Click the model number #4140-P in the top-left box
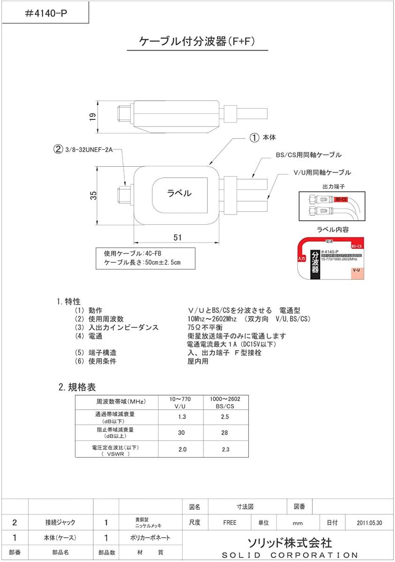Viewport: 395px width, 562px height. pyautogui.click(x=45, y=13)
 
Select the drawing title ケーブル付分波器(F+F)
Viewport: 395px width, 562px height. pyautogui.click(x=197, y=42)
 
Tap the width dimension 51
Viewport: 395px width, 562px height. pyautogui.click(x=177, y=237)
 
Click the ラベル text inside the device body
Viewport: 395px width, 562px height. pyautogui.click(x=179, y=192)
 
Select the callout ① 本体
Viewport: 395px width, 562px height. pyautogui.click(x=263, y=138)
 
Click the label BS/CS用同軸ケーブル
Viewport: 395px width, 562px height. pyautogui.click(x=308, y=155)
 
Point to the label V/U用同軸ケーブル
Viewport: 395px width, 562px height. pyautogui.click(x=322, y=172)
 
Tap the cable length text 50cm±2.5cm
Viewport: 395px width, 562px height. pyautogui.click(x=157, y=262)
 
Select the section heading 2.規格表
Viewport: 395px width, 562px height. pyautogui.click(x=77, y=387)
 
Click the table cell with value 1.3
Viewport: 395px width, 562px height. pyautogui.click(x=182, y=417)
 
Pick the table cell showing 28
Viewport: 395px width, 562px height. pyautogui.click(x=226, y=433)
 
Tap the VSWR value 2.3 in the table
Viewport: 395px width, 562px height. pyautogui.click(x=226, y=450)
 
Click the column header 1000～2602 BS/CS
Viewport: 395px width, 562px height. pyautogui.click(x=226, y=403)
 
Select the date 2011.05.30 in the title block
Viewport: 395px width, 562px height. pyautogui.click(x=369, y=523)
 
